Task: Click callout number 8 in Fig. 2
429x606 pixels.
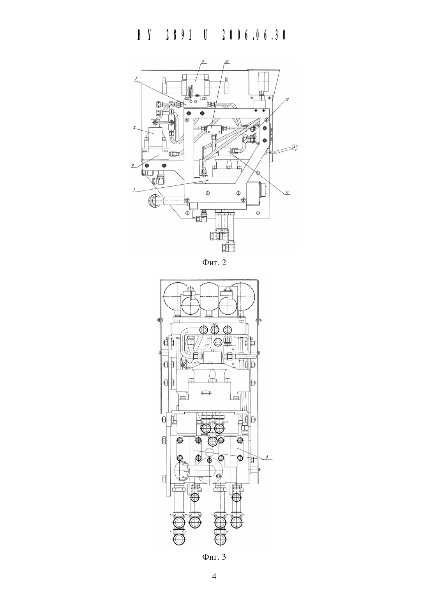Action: (x=202, y=62)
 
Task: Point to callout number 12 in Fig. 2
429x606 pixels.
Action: (x=287, y=100)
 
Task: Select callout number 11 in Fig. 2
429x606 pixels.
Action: (x=287, y=193)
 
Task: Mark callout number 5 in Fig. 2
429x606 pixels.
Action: (x=133, y=167)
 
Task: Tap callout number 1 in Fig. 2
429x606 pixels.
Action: (x=134, y=190)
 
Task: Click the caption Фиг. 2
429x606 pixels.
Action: (x=214, y=262)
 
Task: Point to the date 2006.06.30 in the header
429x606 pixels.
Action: (x=254, y=35)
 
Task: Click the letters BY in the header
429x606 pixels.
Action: (x=144, y=35)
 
